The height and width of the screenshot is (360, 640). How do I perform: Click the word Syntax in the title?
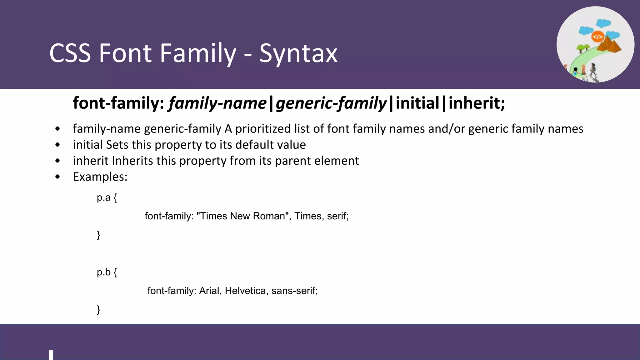(x=298, y=54)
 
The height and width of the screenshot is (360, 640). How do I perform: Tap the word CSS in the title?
(x=70, y=53)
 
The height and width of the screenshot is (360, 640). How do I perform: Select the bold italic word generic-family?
(x=331, y=103)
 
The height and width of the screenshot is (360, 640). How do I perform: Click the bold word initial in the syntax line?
(x=417, y=103)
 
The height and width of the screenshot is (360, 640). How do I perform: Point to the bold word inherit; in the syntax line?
(x=477, y=103)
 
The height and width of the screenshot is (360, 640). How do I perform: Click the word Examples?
(x=100, y=177)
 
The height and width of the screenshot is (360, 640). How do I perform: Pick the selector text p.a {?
(x=107, y=197)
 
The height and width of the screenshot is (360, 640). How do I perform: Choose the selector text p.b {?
(x=107, y=272)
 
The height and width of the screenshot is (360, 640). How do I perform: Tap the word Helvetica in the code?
(x=245, y=291)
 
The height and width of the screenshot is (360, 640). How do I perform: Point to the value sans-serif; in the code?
(x=294, y=291)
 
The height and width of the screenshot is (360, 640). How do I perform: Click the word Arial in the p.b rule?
(x=210, y=291)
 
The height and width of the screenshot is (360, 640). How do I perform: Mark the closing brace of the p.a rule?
(x=98, y=235)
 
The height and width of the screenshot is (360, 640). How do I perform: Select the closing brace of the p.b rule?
(x=98, y=309)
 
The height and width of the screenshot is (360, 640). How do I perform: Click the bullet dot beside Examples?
(x=57, y=177)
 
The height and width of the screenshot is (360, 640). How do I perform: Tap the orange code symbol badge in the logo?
(x=597, y=37)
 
